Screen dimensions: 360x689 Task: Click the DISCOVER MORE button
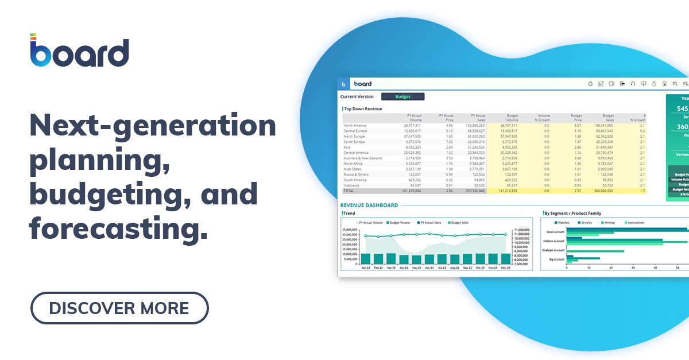119,308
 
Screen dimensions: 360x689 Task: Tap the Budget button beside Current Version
403,96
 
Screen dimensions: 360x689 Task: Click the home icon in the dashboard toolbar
590,84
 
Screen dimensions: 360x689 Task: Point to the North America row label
355,125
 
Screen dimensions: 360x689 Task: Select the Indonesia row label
351,185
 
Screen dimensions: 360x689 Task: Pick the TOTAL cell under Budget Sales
603,190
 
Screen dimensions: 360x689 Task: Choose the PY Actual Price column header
446,118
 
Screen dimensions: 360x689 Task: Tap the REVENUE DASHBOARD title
369,205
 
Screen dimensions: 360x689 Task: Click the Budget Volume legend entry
401,222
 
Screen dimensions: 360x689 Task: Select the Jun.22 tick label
429,268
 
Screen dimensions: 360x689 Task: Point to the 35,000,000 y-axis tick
350,229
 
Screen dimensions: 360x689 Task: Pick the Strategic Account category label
553,250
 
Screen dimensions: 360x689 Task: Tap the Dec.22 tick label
506,268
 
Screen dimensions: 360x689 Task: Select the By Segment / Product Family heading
572,214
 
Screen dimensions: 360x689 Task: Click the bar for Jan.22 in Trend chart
365,259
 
